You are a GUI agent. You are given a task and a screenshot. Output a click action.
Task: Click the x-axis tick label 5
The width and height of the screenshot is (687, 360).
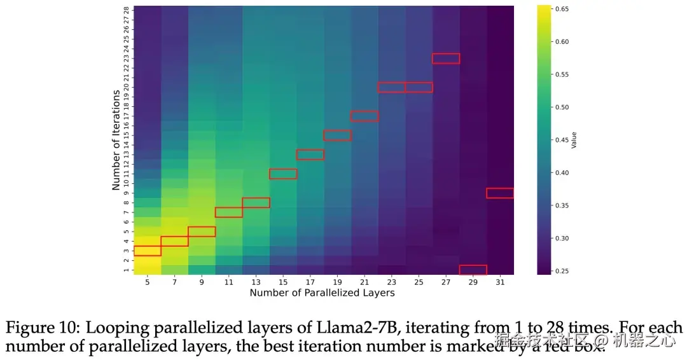pos(148,282)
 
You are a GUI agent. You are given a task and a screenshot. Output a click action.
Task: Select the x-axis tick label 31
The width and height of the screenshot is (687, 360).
pos(500,282)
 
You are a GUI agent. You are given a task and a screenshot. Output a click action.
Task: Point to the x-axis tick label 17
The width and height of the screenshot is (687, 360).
pos(310,282)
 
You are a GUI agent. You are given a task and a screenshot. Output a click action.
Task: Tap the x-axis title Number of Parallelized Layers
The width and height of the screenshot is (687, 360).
pos(322,293)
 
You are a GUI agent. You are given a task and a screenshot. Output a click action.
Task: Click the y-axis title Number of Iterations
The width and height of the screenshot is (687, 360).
pos(116,140)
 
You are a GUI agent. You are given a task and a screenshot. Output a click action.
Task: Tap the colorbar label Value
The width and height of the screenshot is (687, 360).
pos(574,140)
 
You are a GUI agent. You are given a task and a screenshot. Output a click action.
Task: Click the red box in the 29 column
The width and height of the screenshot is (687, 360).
pos(473,270)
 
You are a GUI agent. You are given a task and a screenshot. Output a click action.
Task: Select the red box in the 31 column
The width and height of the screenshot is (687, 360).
pos(500,193)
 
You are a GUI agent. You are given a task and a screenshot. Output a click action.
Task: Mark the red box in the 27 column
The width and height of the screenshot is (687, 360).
pos(446,59)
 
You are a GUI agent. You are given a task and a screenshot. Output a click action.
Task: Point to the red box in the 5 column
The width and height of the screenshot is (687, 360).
pos(148,251)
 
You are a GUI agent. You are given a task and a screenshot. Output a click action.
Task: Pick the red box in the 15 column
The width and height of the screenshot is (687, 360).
pos(283,174)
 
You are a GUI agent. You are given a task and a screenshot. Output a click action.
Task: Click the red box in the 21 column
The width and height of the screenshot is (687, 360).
pos(364,116)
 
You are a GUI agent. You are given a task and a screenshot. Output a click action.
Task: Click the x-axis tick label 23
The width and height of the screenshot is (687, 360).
pos(391,282)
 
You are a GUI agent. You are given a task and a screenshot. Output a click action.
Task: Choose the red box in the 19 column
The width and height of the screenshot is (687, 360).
pos(337,135)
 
